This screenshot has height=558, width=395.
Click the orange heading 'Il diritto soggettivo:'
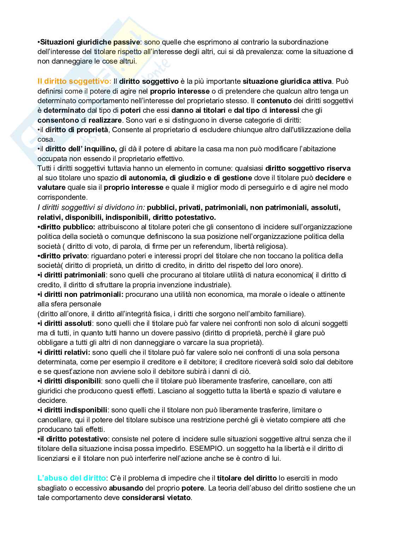[x=74, y=81]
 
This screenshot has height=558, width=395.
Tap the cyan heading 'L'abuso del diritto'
[x=72, y=478]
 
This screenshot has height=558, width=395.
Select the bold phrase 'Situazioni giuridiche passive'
[x=90, y=42]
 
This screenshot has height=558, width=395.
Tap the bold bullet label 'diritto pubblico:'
[x=67, y=227]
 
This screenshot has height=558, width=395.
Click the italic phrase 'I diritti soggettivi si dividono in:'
[x=92, y=207]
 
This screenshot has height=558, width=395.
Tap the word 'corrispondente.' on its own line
[x=62, y=197]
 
